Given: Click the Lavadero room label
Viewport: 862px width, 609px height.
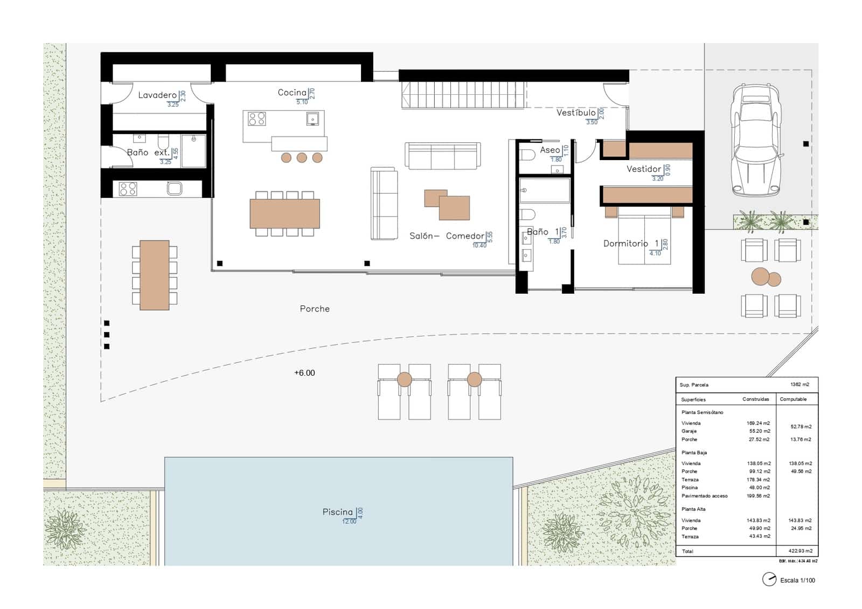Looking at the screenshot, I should pos(157,95).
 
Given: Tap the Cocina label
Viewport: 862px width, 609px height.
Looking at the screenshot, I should pos(292,93).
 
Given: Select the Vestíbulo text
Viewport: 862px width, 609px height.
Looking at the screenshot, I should pos(575,113).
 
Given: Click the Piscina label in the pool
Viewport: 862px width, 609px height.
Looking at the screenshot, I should pos(337,512).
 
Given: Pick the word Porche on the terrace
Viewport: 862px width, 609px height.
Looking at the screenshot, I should pos(315,309).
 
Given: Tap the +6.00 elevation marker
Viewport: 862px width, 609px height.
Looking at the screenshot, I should pos(304,373).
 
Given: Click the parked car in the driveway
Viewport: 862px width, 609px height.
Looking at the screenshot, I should pos(755,141).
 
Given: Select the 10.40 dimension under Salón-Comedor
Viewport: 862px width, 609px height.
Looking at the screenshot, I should pos(479,246).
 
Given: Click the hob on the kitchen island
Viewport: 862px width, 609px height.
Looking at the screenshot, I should pos(256,119).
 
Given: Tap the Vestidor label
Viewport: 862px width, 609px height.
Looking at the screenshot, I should pos(643,169).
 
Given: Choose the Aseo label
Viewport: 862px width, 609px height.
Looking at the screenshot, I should pos(550,150).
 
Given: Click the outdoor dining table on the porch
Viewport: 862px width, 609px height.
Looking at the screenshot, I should pos(155,275).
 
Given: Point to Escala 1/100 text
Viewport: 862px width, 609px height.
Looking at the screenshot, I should pos(797,580).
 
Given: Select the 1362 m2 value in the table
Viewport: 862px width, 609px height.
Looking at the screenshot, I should pos(799,385).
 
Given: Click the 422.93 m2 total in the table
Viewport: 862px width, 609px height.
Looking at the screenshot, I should pos(801,551).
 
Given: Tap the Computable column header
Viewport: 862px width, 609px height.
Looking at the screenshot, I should pos(793,399).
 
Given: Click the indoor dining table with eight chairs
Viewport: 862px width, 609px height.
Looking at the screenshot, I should pos(284,213).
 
